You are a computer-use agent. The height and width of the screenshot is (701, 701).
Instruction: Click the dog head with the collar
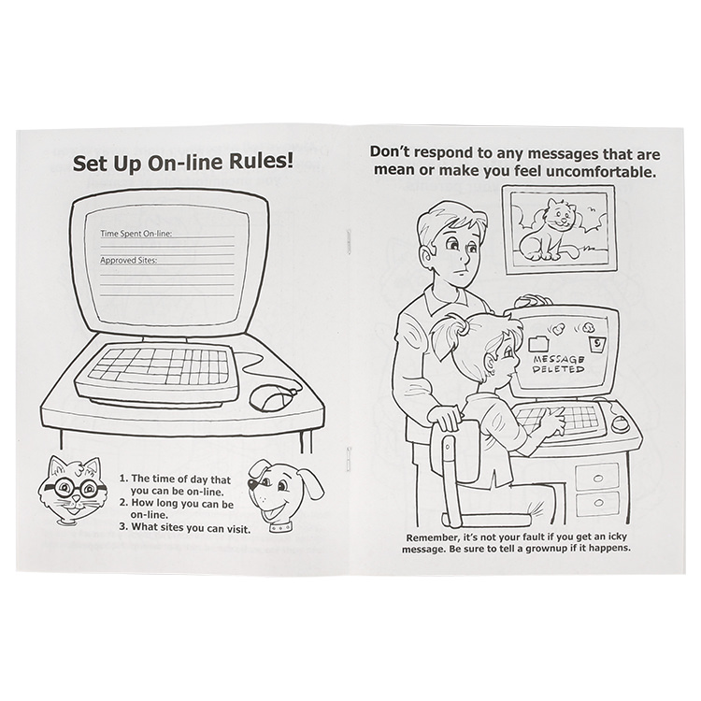[x=285, y=495]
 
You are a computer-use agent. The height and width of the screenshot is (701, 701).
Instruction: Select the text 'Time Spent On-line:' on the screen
[x=136, y=234]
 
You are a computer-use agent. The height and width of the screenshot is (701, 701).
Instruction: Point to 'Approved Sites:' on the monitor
[x=128, y=260]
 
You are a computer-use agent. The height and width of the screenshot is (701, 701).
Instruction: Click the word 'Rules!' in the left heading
[x=262, y=161]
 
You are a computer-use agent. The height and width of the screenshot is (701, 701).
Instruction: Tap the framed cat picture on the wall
[x=558, y=230]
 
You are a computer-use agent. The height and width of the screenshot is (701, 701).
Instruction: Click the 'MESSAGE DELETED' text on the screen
[x=558, y=364]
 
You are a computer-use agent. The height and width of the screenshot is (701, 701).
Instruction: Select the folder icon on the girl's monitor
[x=538, y=344]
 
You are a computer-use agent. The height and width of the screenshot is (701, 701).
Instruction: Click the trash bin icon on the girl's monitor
[x=596, y=344]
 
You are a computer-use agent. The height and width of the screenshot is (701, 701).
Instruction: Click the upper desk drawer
[x=597, y=476]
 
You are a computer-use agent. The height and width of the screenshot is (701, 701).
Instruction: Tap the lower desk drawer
[x=598, y=504]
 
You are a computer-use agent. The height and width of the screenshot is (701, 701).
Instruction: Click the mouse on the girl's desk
[x=620, y=422]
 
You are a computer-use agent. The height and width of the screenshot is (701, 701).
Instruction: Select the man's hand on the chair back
[x=444, y=418]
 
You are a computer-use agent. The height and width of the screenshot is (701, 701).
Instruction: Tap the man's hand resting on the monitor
[x=533, y=301]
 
